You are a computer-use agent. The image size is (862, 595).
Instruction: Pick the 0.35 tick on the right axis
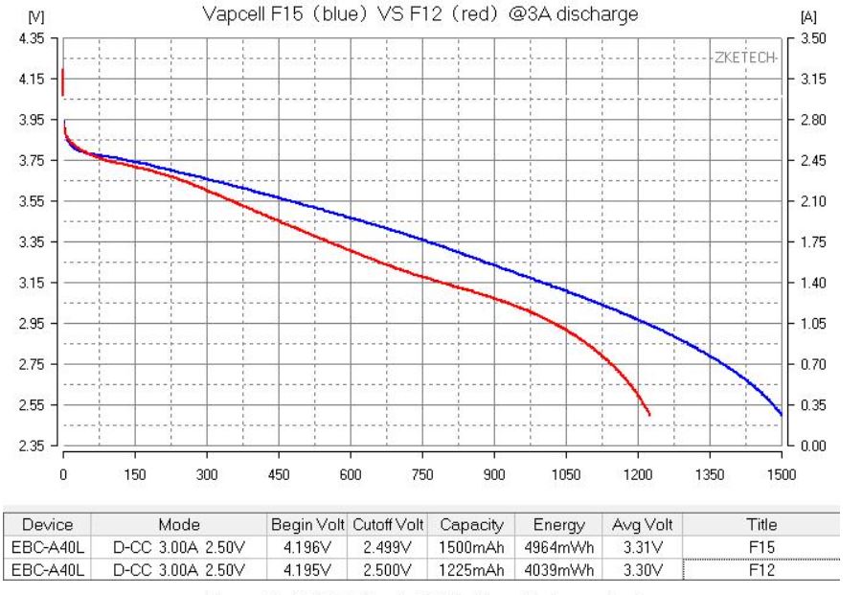pyautogui.click(x=811, y=405)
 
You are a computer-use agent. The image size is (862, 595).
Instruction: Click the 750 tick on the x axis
pyautogui.click(x=422, y=472)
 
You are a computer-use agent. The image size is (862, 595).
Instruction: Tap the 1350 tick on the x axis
pyautogui.click(x=710, y=472)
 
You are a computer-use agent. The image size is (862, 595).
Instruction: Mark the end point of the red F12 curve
pyautogui.click(x=649, y=415)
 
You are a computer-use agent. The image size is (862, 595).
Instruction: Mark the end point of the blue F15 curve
pyautogui.click(x=782, y=414)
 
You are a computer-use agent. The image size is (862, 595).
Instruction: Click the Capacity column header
pyautogui.click(x=469, y=525)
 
